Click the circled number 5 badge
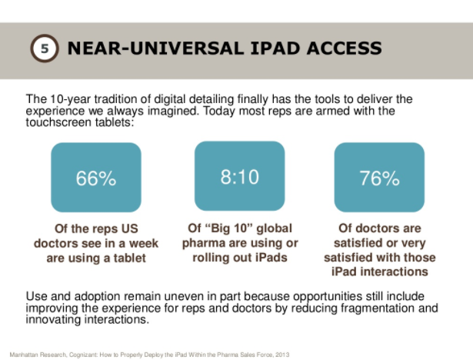pos(45,48)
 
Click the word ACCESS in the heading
pos(345,48)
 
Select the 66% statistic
pos(96,178)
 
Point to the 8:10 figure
pos(239,176)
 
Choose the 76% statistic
pos(379,178)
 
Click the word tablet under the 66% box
pos(129,258)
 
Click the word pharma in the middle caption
pos(202,243)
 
